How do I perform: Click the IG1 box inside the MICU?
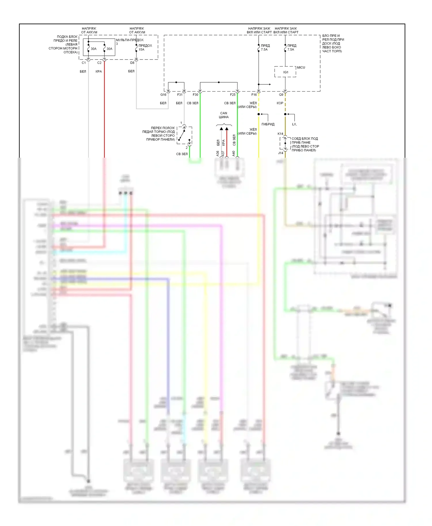click(285, 72)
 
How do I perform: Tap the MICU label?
click(301, 67)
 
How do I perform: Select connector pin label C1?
click(84, 63)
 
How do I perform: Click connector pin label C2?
click(99, 63)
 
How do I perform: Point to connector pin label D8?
click(132, 63)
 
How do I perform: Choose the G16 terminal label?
click(163, 95)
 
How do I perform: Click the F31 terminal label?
click(180, 95)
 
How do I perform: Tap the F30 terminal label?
click(195, 95)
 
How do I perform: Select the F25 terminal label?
click(233, 95)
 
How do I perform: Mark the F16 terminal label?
click(254, 95)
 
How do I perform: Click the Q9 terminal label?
click(281, 95)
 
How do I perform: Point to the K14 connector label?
click(280, 134)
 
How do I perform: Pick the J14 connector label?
click(281, 153)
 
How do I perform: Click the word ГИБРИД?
click(268, 124)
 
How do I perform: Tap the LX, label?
click(294, 124)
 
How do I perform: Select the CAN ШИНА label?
click(224, 115)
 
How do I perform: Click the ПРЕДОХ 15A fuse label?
click(145, 47)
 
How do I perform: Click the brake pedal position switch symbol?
click(184, 135)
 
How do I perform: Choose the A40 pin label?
click(234, 154)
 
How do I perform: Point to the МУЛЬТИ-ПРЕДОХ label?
click(130, 40)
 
